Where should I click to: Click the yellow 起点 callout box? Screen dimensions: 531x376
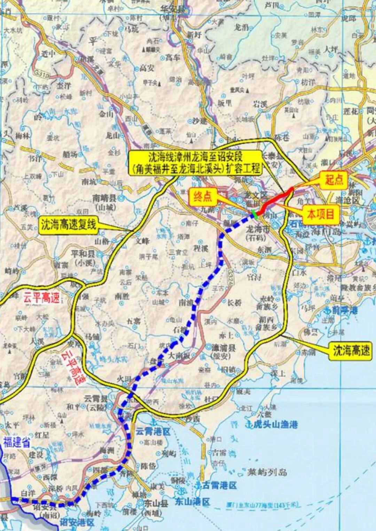[334, 180]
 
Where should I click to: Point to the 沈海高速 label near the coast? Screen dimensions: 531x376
[351, 351]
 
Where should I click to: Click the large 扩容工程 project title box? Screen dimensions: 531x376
[195, 162]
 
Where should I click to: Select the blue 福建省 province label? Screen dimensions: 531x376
[17, 443]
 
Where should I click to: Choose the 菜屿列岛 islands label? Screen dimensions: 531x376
[267, 472]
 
